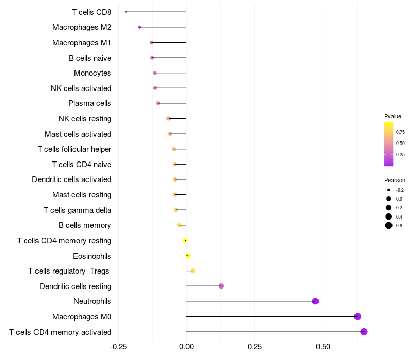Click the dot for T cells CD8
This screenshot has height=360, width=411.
click(126, 12)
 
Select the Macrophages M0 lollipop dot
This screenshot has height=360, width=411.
click(358, 316)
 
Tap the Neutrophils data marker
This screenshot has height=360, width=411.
click(315, 301)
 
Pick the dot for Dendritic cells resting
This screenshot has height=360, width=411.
click(221, 286)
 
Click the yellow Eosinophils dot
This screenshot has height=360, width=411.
click(188, 256)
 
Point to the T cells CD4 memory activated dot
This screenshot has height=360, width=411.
click(364, 332)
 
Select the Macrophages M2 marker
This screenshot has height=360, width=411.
click(139, 27)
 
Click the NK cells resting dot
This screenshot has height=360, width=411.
click(169, 119)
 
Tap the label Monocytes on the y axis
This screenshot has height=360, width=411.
click(92, 73)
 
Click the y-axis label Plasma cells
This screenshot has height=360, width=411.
click(89, 103)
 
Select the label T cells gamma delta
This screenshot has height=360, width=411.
click(78, 210)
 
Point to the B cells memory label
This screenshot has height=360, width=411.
click(85, 225)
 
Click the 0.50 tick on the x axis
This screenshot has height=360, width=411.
click(323, 347)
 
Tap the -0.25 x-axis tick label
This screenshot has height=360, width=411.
click(118, 347)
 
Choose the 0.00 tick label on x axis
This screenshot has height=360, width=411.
click(186, 347)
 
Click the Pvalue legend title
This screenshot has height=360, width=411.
click(393, 116)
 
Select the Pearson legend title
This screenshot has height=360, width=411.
click(395, 180)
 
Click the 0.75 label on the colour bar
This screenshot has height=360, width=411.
click(400, 132)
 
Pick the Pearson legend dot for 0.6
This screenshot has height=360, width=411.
click(389, 225)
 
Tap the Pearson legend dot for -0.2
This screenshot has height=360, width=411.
click(389, 190)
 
